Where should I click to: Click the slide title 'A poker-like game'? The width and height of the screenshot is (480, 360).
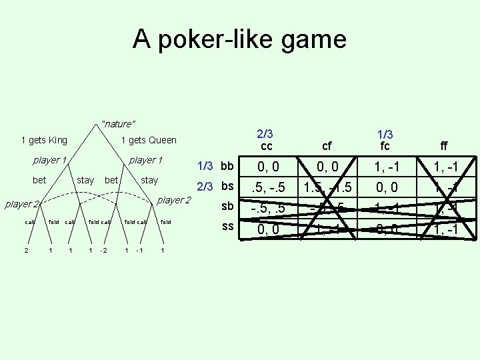coord(239,39)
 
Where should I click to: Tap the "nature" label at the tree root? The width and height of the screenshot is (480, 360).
coord(119,124)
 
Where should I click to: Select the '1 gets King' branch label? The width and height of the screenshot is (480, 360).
coord(44,140)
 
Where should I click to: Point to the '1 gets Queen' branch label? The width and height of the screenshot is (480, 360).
coord(149,140)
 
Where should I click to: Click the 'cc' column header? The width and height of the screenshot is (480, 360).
coord(267,146)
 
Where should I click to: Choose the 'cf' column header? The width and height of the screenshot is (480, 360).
coord(327,146)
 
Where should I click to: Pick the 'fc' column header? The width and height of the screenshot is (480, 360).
coord(385,146)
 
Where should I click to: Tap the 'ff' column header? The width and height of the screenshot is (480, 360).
coord(444,146)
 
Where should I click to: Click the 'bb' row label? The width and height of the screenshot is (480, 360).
coord(227,165)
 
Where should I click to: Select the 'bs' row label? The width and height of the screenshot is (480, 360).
coord(227,186)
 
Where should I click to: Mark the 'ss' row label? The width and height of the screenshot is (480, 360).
coord(227,226)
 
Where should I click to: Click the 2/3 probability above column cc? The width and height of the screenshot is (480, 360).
coord(266,133)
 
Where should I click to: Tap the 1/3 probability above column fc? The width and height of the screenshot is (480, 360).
coord(385,133)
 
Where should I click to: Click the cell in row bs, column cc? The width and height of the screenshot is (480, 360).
coord(267,187)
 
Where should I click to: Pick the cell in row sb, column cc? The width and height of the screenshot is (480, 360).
coord(267,208)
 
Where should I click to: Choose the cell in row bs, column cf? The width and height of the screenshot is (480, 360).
coord(327,187)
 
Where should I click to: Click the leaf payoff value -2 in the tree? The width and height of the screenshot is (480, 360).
coord(102,251)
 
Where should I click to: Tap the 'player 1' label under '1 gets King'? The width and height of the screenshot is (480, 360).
coord(50,160)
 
